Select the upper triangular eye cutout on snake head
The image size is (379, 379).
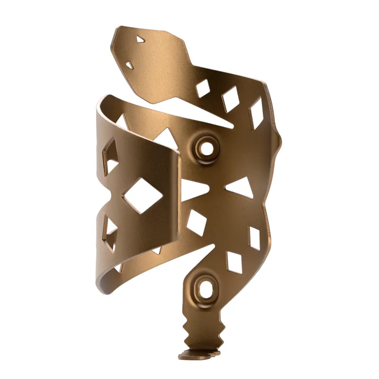(140, 40)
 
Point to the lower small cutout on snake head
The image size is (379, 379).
(129, 64)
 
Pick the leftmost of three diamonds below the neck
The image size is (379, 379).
(203, 88)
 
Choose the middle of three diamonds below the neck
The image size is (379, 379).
(231, 100)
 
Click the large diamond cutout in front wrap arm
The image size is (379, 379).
(140, 196)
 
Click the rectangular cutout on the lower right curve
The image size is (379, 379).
(254, 238)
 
